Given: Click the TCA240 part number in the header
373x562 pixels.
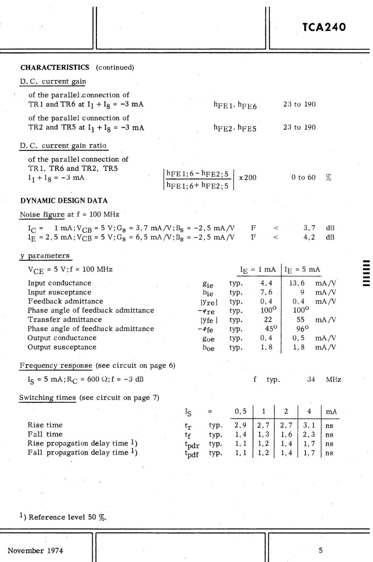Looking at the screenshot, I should click(324, 27).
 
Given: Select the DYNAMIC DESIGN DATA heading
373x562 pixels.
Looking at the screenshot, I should click(64, 200).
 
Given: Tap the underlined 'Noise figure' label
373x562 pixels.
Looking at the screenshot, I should click(42, 214).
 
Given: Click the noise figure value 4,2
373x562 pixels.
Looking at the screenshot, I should click(309, 237).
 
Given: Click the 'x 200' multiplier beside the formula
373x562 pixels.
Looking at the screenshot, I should click(248, 178).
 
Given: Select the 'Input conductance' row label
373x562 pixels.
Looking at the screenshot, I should click(59, 283).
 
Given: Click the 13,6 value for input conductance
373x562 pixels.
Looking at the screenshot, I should click(299, 283).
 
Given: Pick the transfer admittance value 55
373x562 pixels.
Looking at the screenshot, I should click(302, 319).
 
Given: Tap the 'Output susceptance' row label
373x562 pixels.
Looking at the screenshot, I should click(62, 347).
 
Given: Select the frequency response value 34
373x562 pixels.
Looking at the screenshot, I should click(311, 379).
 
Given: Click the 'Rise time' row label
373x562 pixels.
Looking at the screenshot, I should click(45, 425).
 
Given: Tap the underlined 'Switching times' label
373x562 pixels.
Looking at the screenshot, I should click(47, 398).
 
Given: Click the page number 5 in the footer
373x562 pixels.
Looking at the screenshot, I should click(321, 550).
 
